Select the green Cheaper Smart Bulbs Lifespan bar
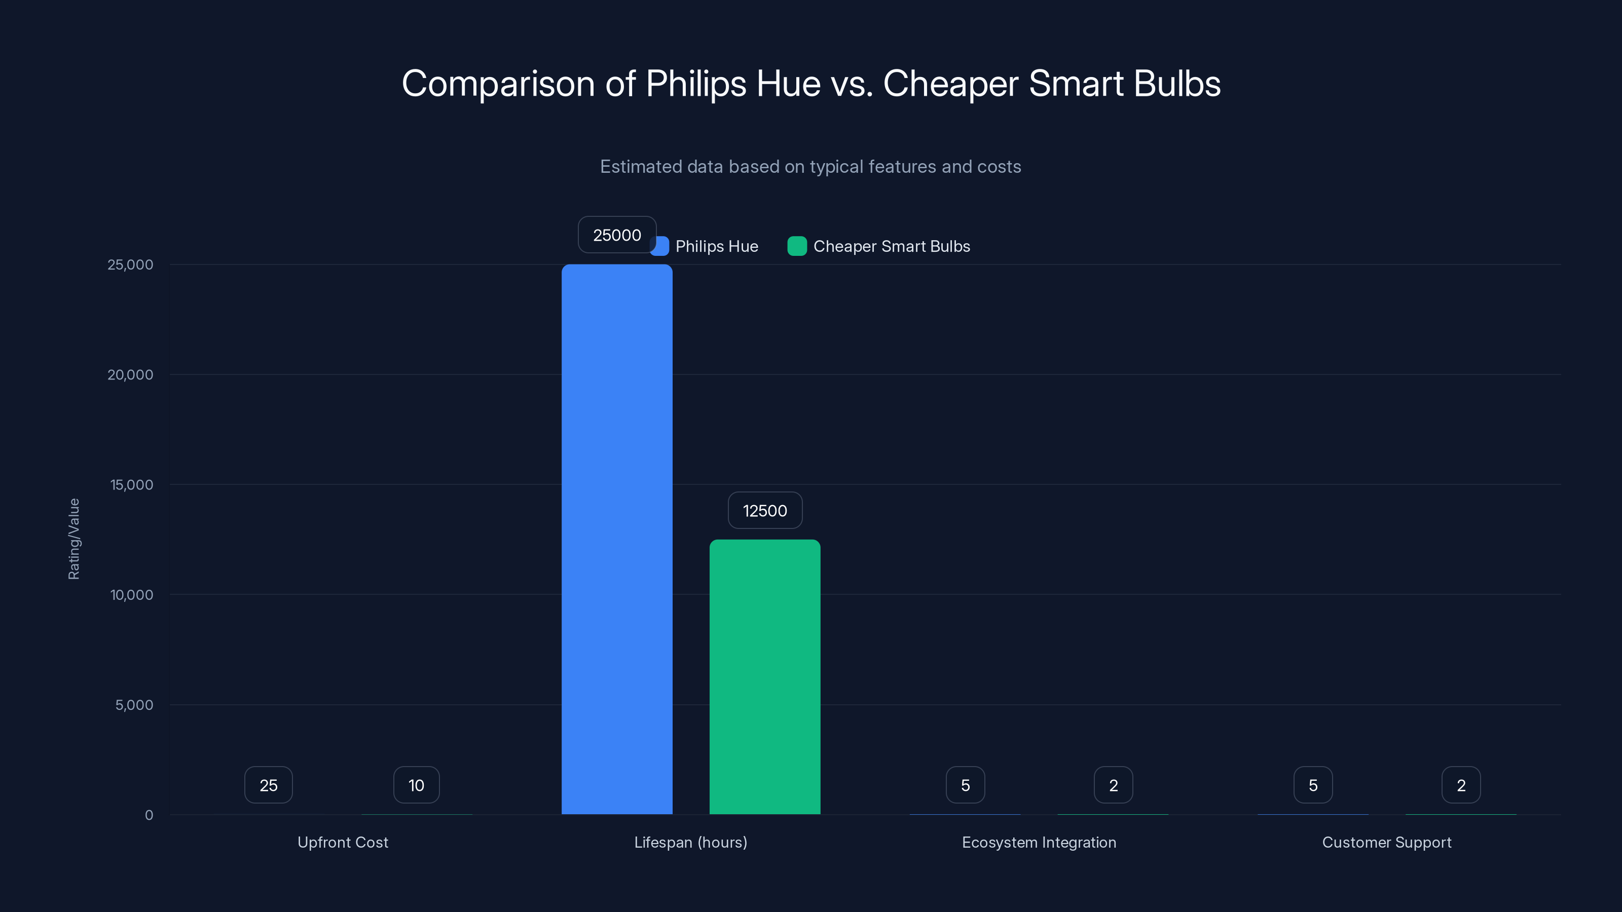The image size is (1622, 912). coord(764,676)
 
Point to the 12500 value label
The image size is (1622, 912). coord(764,510)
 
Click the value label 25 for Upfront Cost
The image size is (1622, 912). coord(268,785)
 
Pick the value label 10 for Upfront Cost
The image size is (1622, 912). coord(416,785)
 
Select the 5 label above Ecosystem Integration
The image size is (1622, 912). coord(965,785)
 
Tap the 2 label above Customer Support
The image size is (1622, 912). coord(1461,785)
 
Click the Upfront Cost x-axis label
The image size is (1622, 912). coord(343,842)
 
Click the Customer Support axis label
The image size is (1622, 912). coord(1386,842)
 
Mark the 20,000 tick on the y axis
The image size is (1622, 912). coord(130,374)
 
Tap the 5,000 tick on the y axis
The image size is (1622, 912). coord(133,705)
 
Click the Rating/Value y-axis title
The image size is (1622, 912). coord(73,539)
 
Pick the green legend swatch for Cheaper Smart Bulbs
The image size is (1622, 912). coord(796,246)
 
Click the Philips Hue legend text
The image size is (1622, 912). coord(717,246)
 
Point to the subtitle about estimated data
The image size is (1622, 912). coord(810,167)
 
